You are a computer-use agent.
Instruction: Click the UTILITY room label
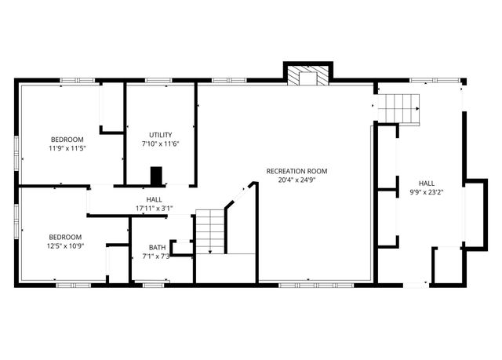click(x=160, y=135)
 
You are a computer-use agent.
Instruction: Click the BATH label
click(x=157, y=248)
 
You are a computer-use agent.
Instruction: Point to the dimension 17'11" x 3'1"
click(x=154, y=209)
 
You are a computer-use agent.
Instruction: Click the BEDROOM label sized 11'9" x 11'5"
click(x=67, y=139)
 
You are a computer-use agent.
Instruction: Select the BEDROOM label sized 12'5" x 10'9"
click(x=65, y=237)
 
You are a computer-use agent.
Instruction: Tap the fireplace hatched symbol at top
click(x=307, y=75)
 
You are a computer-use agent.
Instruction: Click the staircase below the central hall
click(x=210, y=231)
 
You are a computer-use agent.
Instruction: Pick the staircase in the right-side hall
click(x=400, y=107)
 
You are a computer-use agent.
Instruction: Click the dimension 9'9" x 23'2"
click(x=426, y=191)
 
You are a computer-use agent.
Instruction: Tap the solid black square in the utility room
click(x=156, y=176)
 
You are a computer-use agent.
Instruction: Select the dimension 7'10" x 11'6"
click(x=160, y=144)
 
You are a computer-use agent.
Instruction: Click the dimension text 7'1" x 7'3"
click(x=157, y=256)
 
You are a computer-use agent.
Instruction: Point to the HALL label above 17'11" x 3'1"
click(x=154, y=200)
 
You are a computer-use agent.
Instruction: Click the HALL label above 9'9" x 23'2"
click(x=426, y=182)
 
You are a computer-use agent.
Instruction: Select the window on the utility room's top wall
click(x=159, y=80)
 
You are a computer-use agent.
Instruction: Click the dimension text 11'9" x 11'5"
click(x=67, y=147)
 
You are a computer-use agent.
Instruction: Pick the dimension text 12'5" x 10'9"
click(x=65, y=245)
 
